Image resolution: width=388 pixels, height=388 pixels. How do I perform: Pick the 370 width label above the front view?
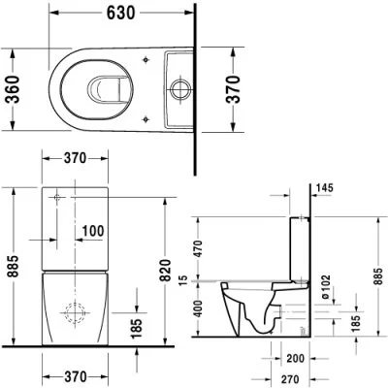coord(69,158)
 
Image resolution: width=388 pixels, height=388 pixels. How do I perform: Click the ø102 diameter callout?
coord(327,283)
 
